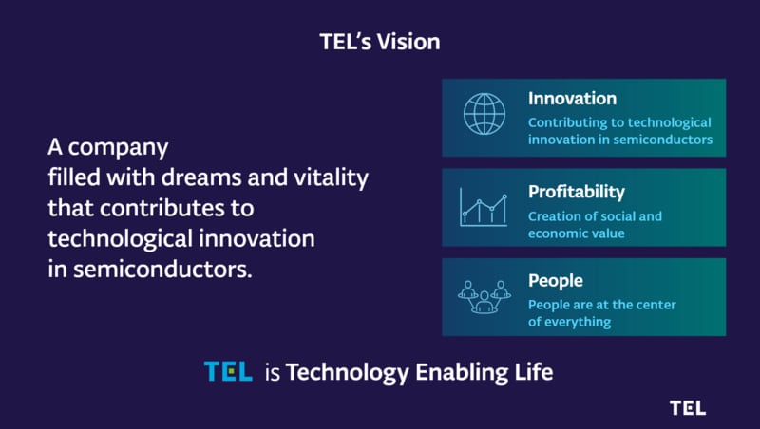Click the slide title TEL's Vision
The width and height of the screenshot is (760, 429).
380,42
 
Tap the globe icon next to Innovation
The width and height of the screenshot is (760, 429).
484,114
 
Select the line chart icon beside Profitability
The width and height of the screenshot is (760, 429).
484,207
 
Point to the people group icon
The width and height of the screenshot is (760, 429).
484,297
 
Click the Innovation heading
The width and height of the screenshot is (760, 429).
573,99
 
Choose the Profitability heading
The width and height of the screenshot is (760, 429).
577,193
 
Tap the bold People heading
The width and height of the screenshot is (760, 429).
556,281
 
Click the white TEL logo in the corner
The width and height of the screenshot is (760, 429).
688,408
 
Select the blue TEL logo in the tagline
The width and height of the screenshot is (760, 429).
228,371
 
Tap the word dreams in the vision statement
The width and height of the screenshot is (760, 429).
201,177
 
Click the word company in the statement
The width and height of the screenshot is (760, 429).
118,148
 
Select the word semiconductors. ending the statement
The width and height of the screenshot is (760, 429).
162,270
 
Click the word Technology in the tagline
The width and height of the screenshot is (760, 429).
348,373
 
